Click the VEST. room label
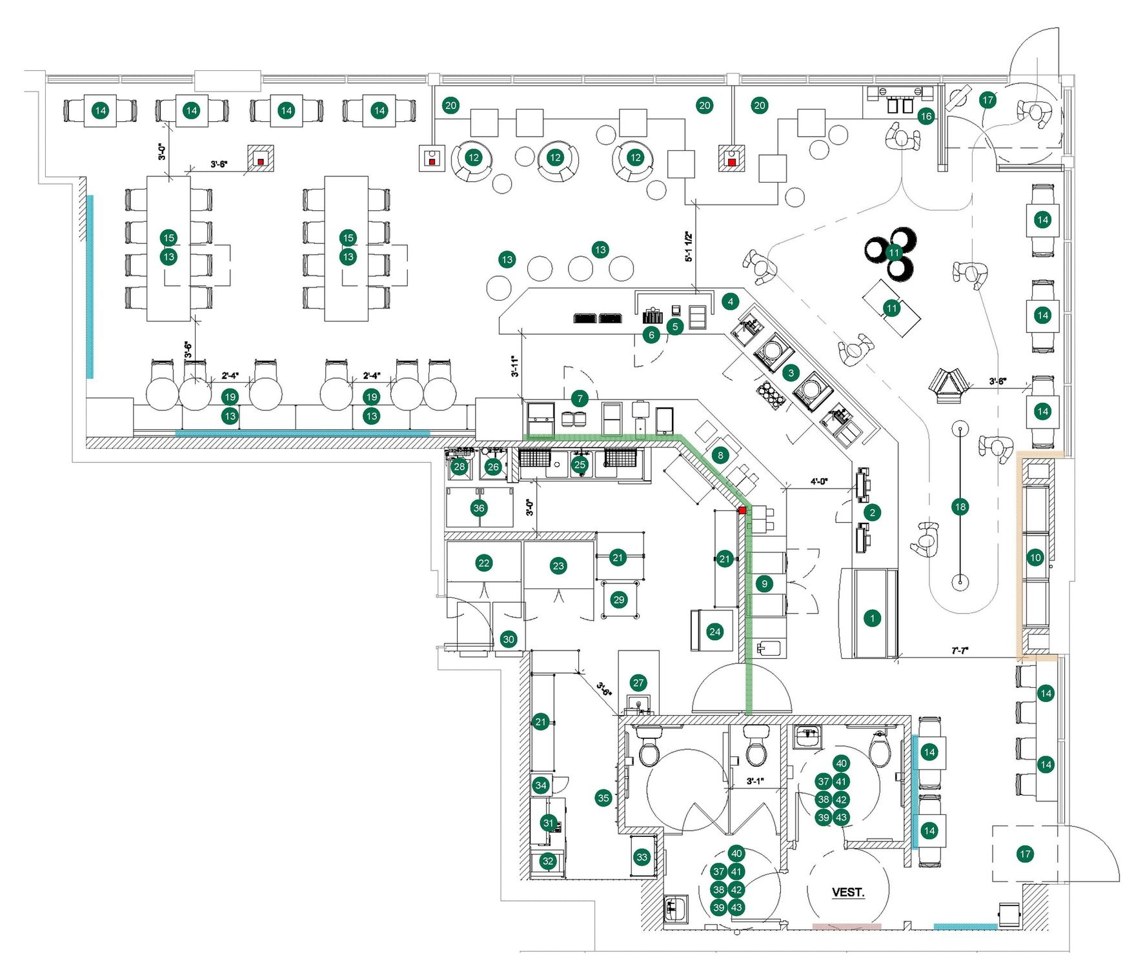point(847,892)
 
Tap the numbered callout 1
point(872,618)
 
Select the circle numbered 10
point(1035,558)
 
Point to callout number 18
point(960,507)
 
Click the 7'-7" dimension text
point(960,650)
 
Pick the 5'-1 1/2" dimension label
point(689,247)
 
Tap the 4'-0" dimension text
point(819,481)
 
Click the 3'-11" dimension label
point(514,366)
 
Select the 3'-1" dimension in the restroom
point(754,781)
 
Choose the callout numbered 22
point(483,563)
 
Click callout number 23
point(558,566)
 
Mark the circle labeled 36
point(478,508)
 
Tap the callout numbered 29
point(619,600)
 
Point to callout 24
point(714,632)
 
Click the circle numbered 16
point(926,116)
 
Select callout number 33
point(642,857)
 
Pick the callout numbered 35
point(603,798)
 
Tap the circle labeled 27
point(638,683)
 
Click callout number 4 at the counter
point(730,301)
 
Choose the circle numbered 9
point(764,584)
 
